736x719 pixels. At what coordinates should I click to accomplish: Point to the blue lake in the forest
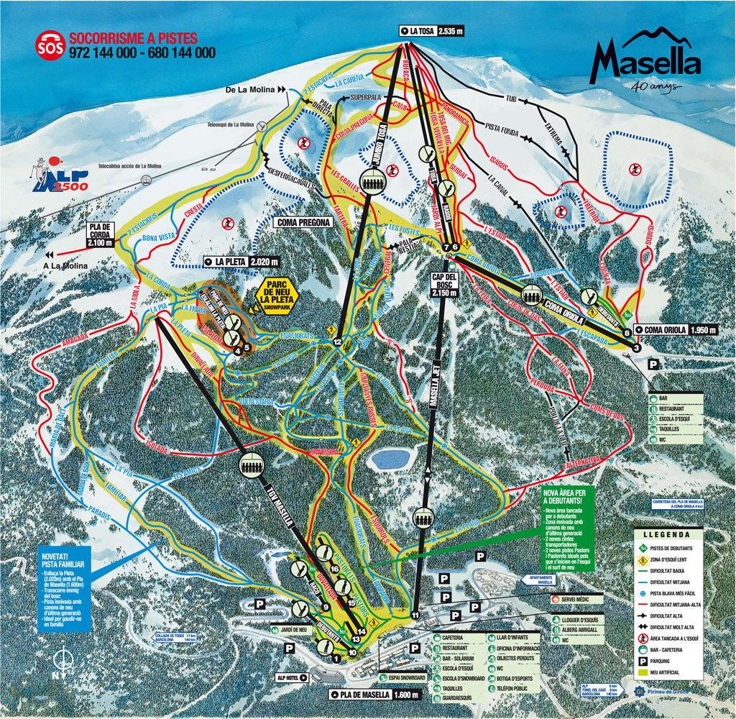(x=388, y=458)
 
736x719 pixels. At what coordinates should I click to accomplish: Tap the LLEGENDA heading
(x=667, y=535)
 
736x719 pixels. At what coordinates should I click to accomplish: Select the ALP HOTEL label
(x=291, y=677)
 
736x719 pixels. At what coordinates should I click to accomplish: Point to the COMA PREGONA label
(x=303, y=222)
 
